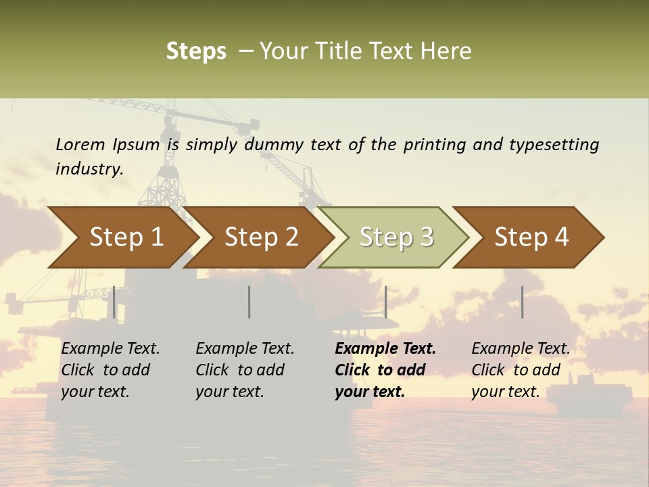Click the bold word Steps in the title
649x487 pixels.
pos(196,51)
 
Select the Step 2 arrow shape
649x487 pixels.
pos(261,237)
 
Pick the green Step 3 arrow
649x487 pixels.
pos(395,237)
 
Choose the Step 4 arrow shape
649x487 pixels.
pos(531,237)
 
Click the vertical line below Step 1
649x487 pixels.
pos(114,302)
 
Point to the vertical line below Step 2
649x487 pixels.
pos(249,302)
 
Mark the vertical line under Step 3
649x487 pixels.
pos(385,302)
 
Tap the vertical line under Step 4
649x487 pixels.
pos(522,302)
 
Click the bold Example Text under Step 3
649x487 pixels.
pos(385,349)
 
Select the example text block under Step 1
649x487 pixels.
pos(110,370)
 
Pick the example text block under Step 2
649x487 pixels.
pos(245,370)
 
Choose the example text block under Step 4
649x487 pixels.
pos(521,370)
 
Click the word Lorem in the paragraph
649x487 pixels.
pos(80,145)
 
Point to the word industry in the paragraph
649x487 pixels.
pos(89,169)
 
